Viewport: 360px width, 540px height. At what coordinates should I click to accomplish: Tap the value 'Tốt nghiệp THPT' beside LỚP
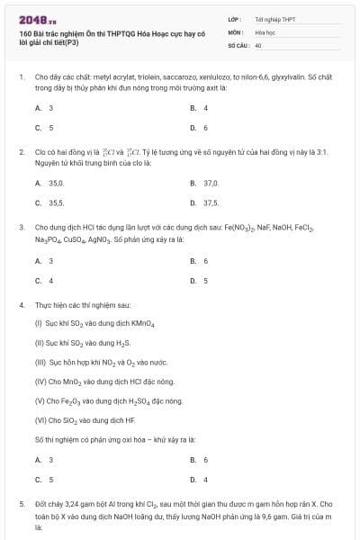pos(274,18)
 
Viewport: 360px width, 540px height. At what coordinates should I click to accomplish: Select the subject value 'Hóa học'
pos(265,31)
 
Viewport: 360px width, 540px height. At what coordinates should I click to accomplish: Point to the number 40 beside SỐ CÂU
pos(258,44)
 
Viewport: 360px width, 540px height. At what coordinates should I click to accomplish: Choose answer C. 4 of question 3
pos(45,281)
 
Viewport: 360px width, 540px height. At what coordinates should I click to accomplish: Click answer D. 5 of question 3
pos(200,281)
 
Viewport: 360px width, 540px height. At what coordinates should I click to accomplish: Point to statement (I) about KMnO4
pos(87,321)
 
